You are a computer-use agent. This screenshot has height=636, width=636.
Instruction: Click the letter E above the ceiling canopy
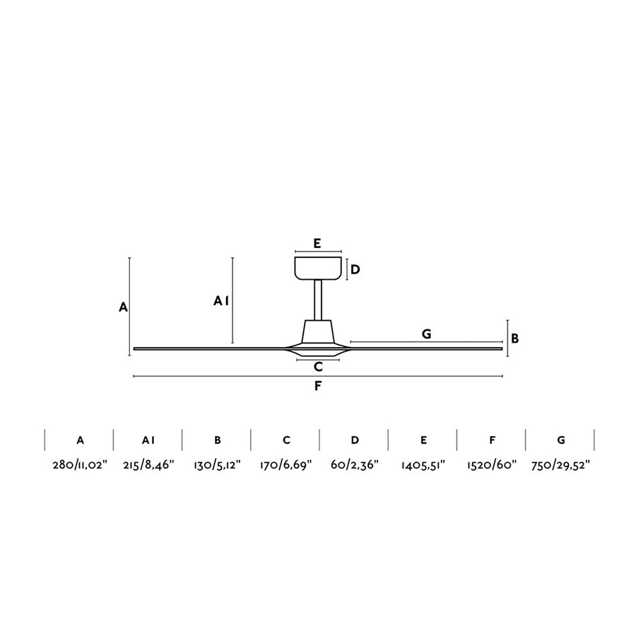317,243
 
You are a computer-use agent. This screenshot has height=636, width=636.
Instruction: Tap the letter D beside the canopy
355,269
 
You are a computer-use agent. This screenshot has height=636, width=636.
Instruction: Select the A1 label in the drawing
221,301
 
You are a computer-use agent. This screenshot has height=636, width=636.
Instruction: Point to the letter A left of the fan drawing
123,307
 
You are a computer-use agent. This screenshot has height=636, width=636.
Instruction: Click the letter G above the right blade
426,334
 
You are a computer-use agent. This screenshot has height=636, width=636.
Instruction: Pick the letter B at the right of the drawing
514,338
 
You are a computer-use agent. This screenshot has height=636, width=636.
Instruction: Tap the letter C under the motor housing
318,367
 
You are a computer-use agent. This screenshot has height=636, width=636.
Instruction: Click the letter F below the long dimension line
317,386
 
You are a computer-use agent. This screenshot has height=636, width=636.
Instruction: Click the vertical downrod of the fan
319,300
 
